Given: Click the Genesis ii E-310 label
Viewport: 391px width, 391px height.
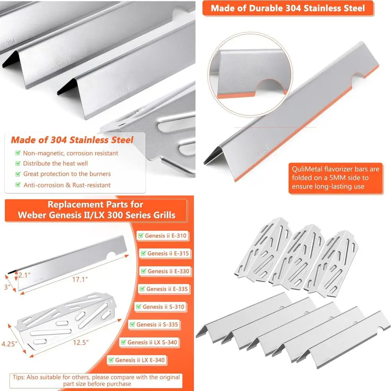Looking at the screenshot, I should tap(165, 236).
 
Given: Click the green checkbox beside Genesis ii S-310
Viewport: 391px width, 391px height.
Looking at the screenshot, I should tap(138, 307).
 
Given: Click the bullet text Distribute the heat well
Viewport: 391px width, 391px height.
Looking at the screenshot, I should tap(55, 163).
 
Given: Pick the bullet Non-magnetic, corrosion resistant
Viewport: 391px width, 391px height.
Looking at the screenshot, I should tap(70, 153).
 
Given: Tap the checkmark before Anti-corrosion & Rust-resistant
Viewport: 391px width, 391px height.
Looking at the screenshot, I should tap(18, 185).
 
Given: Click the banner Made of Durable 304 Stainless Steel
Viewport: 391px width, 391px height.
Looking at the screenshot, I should tap(288, 8).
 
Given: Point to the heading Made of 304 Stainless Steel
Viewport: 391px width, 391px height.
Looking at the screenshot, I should tap(72, 140).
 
